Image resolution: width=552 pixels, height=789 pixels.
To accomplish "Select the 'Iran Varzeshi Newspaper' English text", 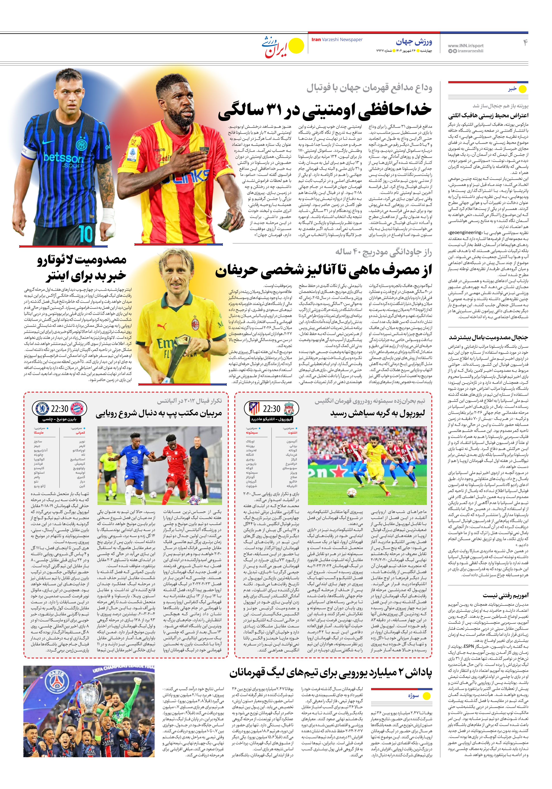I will coord(337,40).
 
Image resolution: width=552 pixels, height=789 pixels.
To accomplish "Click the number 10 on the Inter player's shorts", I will coord(85,234).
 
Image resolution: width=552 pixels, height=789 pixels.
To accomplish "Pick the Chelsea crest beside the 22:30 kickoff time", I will coord(42,409).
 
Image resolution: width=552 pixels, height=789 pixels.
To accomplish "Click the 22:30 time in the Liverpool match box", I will coord(272,409).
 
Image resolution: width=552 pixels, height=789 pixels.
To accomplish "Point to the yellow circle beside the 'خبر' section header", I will coord(522,89).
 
